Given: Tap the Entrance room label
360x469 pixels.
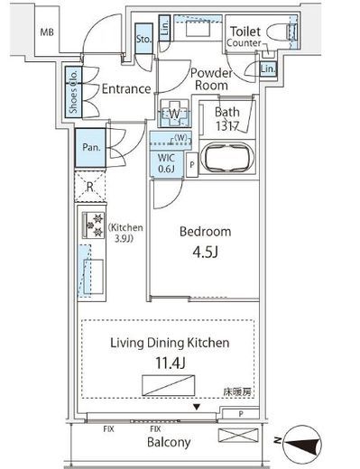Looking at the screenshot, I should [x=125, y=89].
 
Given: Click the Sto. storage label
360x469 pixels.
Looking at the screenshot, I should [x=143, y=40].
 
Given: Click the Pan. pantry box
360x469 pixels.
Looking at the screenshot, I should [x=90, y=147].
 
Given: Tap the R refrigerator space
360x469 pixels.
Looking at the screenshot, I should [x=91, y=189].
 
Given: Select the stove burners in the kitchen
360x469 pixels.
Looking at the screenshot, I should [x=91, y=225].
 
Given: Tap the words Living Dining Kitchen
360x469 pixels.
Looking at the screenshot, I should [x=170, y=343].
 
